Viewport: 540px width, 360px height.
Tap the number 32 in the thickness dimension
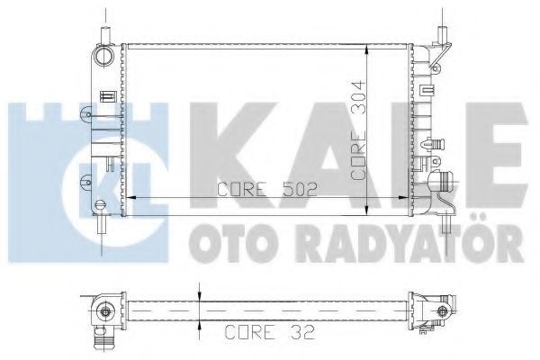(x=302, y=332)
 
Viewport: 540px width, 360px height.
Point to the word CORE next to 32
(x=250, y=332)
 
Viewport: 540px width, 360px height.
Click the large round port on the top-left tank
(x=103, y=56)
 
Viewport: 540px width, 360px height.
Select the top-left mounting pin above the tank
(x=105, y=35)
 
